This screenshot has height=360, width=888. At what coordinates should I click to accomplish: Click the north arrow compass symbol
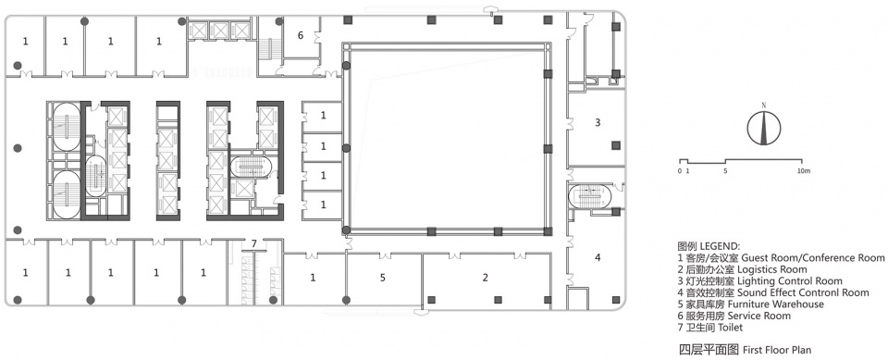[763, 128]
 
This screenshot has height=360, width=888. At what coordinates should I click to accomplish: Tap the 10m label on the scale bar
[804, 170]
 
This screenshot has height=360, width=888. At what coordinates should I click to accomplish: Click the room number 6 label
[301, 35]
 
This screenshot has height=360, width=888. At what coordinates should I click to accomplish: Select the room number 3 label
[598, 122]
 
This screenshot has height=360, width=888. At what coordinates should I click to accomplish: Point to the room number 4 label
[598, 257]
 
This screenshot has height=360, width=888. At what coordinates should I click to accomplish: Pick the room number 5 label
[383, 278]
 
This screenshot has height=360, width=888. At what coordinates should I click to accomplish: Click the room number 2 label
[485, 278]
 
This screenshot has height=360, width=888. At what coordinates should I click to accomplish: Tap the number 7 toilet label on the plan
[254, 243]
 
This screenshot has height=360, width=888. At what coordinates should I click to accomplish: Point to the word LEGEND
[720, 246]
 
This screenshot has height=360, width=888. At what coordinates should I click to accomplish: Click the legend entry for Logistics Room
[742, 269]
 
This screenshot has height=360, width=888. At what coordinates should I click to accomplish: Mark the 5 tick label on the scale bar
[725, 170]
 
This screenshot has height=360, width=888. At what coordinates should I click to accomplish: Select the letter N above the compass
[763, 105]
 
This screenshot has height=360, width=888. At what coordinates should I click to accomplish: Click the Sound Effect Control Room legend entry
[773, 292]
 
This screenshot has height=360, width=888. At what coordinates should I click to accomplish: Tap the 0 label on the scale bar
[680, 170]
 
